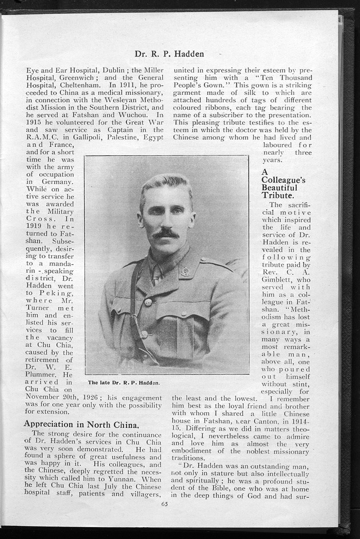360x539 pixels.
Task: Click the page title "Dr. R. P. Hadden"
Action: coord(169,54)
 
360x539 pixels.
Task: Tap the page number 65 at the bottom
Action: coord(165,504)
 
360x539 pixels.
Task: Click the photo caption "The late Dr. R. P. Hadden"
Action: coord(123,382)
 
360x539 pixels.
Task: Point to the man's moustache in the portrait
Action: coord(166,233)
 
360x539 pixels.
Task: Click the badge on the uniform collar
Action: coord(185,272)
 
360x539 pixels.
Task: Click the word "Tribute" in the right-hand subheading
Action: coord(277,195)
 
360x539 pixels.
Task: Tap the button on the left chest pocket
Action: coord(148,302)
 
